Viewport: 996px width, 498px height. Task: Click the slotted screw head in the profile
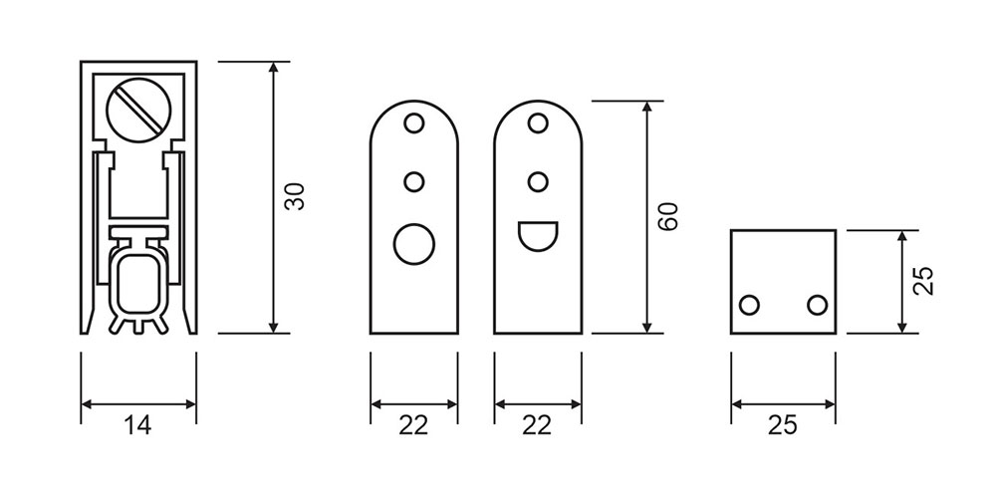[x=139, y=111]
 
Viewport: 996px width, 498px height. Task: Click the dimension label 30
[x=295, y=197]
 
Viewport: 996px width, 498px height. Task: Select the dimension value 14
[x=137, y=425]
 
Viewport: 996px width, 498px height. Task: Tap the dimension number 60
[x=668, y=216]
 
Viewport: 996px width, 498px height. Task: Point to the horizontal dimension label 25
[x=782, y=425]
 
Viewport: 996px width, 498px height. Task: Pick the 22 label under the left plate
[x=413, y=425]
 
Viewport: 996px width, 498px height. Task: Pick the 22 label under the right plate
[x=538, y=425]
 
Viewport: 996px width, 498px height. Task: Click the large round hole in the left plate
[x=414, y=244]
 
